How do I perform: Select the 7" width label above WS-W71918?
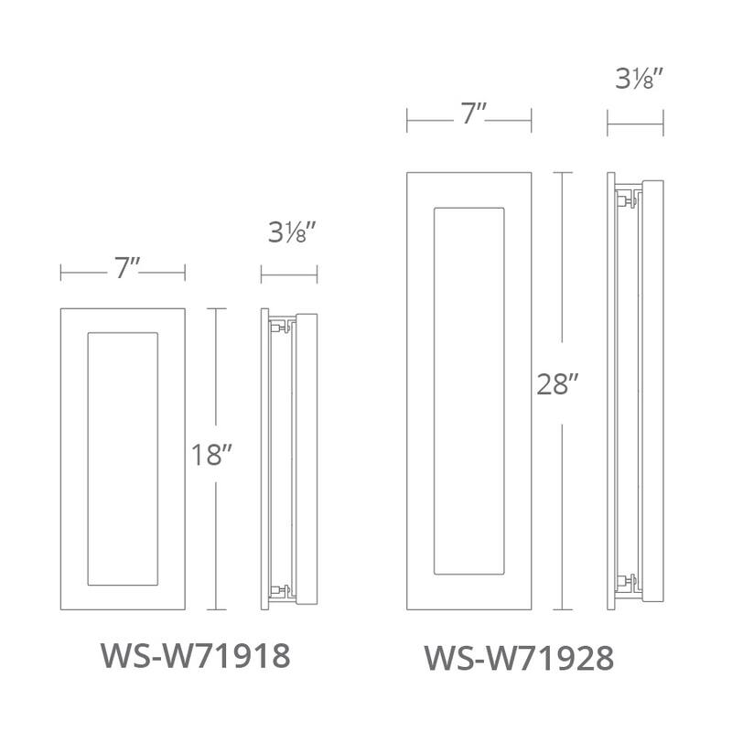coord(124,271)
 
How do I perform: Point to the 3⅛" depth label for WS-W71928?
coord(635,81)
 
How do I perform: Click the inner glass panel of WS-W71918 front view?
coord(122,459)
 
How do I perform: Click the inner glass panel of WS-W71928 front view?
coord(469,390)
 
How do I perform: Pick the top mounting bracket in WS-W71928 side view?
coord(628,198)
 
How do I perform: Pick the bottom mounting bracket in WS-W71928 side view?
coord(628,580)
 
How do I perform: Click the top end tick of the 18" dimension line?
coord(217,309)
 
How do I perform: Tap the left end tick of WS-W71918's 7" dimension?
coord(61,272)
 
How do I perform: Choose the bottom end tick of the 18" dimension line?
coord(217,609)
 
